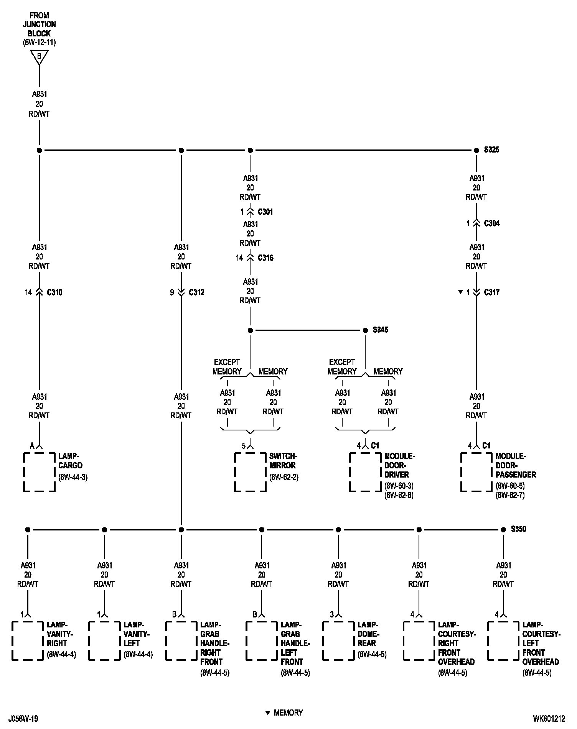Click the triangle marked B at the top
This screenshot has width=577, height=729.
pos(39,57)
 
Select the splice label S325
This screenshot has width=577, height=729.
pos(491,150)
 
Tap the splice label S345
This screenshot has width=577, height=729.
pos(380,330)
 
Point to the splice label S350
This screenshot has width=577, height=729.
pos(518,529)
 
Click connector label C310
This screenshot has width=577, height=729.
pos(54,292)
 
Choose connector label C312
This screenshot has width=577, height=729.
pos(196,292)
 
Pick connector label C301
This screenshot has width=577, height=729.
pos(265,212)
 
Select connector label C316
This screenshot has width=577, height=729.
pos(265,258)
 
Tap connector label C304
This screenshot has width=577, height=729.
pos(492,223)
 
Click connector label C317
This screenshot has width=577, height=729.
pos(492,292)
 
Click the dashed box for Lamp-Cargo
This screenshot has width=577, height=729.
pos(39,472)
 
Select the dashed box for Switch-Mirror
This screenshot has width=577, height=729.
pos(250,472)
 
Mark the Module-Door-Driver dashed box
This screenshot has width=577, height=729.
pos(365,472)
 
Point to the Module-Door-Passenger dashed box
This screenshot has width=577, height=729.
pos(476,472)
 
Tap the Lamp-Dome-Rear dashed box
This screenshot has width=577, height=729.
pos(338,640)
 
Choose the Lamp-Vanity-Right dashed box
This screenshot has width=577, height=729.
pos(28,640)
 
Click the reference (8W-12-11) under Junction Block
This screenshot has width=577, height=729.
pos(39,43)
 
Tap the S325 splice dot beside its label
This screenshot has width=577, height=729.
pos(476,150)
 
